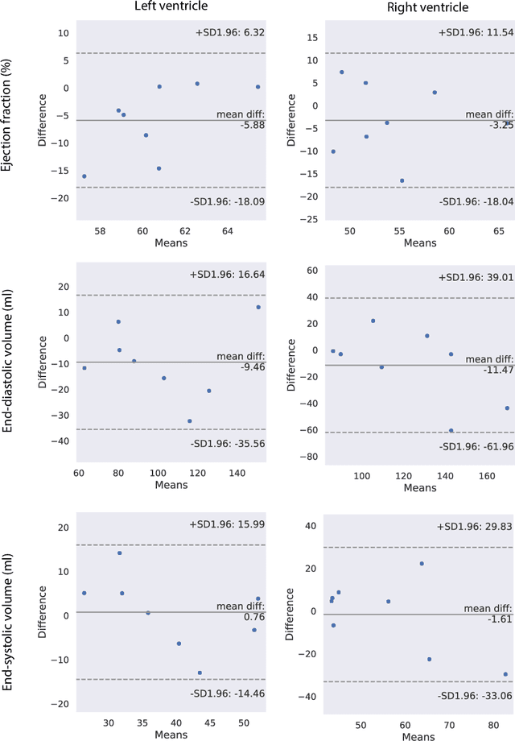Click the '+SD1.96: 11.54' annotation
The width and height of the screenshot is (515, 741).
pos(475,33)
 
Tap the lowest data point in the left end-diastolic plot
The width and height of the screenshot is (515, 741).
pos(190,421)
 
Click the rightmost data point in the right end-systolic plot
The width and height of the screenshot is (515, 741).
pos(505,674)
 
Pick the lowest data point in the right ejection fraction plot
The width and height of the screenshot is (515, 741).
pos(402,180)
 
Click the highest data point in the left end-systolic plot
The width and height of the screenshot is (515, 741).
pos(120,553)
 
